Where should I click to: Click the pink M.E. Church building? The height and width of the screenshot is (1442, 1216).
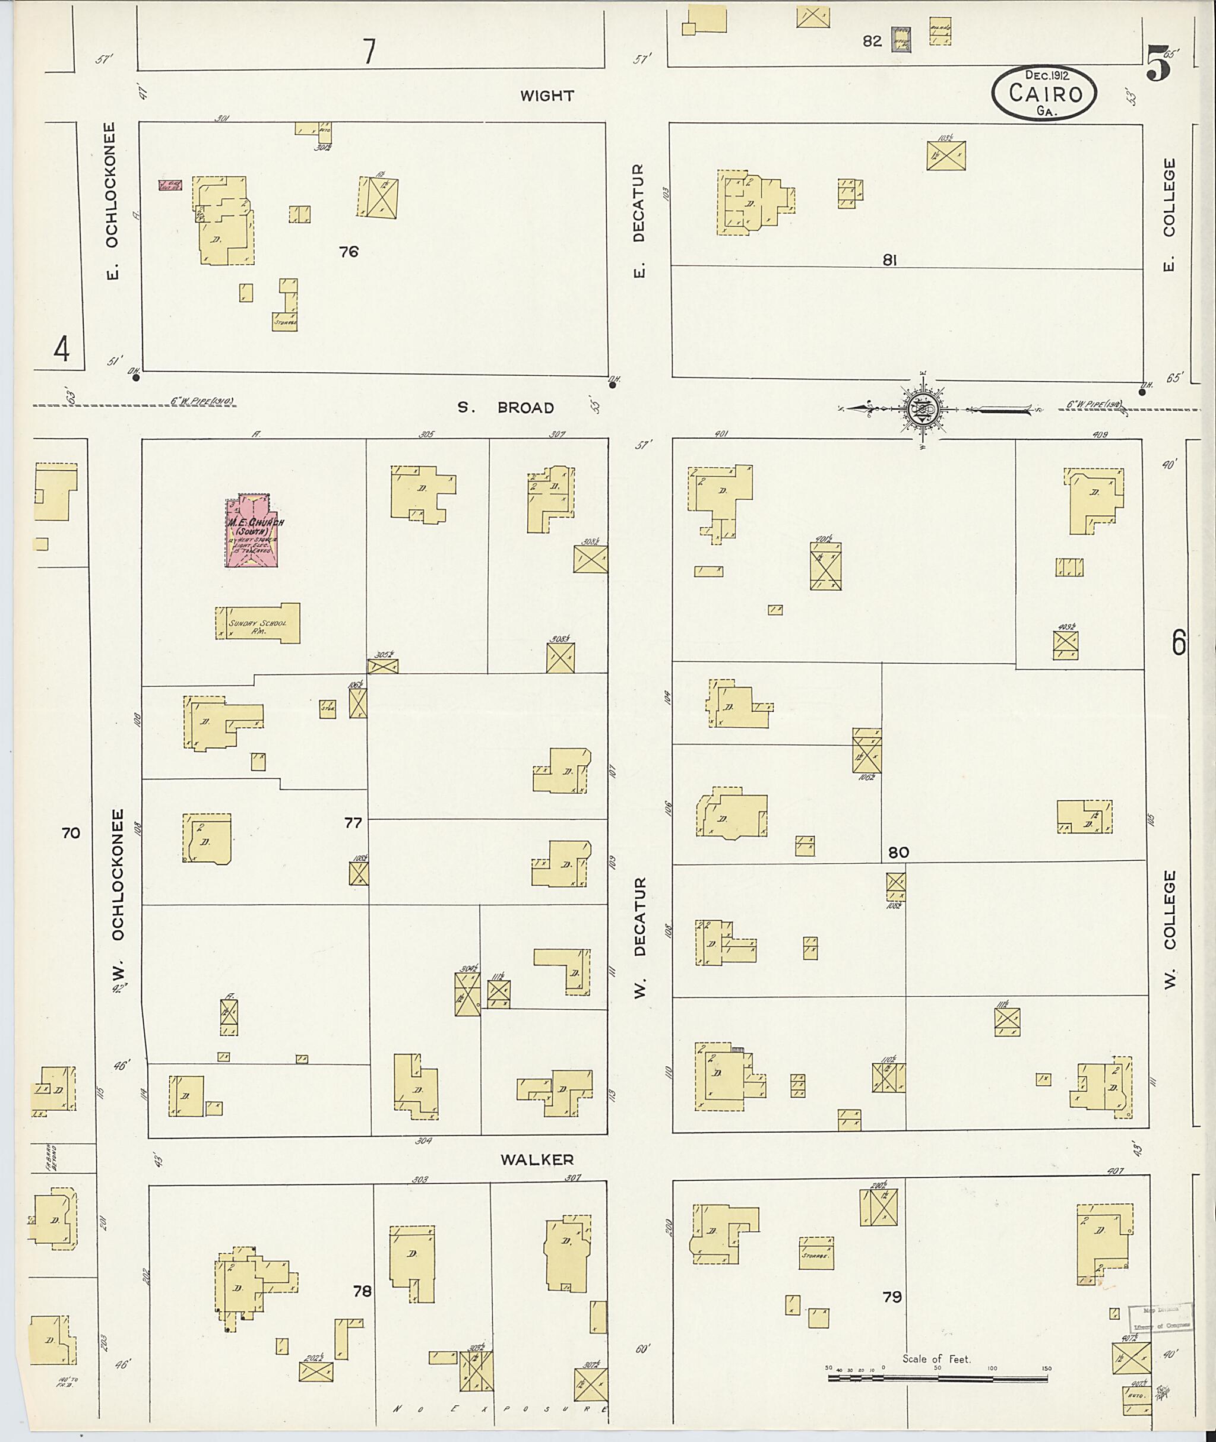(252, 531)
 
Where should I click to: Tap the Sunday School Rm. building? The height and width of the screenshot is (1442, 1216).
(258, 624)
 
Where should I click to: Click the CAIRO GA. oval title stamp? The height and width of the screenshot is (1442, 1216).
(1044, 94)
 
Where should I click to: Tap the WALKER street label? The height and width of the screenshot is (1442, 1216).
(536, 1160)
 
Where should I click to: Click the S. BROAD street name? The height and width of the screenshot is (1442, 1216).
(506, 408)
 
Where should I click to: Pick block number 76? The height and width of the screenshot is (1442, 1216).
(349, 252)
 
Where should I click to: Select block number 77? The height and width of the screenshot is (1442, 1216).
(353, 822)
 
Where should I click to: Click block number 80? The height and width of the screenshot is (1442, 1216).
(898, 852)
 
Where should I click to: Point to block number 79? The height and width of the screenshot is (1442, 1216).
(892, 1297)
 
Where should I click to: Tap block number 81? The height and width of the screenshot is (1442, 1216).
(889, 260)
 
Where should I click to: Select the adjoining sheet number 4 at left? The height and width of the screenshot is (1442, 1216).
(61, 350)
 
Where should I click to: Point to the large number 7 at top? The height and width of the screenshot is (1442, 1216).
(369, 51)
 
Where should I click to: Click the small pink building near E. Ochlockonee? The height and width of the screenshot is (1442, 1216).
(170, 185)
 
